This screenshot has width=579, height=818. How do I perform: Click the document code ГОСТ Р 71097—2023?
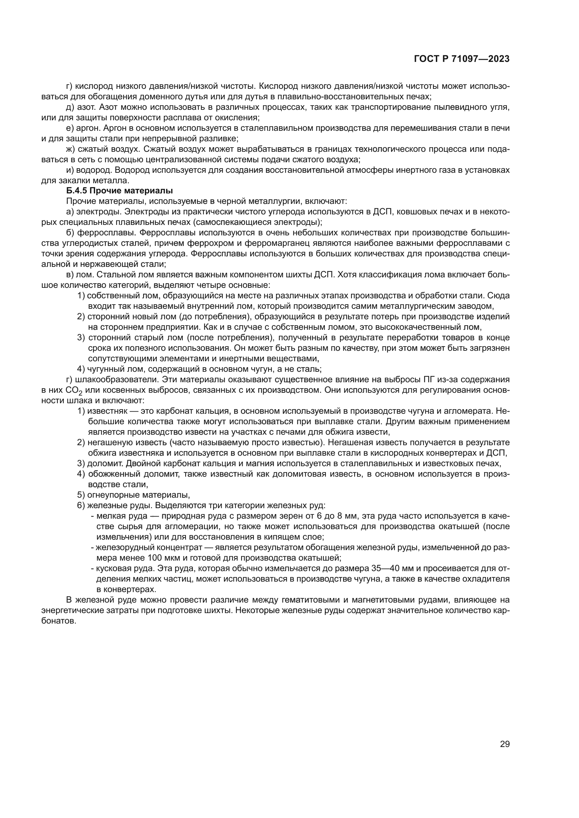[x=462, y=59]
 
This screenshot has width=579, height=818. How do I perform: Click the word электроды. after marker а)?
[x=99, y=212]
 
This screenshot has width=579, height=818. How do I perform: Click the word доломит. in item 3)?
[x=103, y=463]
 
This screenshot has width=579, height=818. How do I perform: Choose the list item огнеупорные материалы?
[x=138, y=495]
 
